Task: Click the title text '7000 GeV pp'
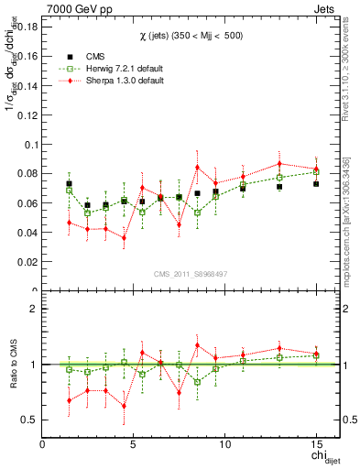click(x=73, y=7)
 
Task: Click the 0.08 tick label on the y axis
click(x=25, y=173)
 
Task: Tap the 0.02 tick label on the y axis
click(x=25, y=261)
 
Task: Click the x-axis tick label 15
click(x=315, y=444)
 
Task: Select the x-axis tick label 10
click(x=224, y=444)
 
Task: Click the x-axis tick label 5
click(x=134, y=444)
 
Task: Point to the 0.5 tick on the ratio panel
click(x=28, y=420)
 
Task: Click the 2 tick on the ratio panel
click(x=32, y=309)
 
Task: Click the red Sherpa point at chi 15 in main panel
click(x=315, y=169)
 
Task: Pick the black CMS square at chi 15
click(x=315, y=184)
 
